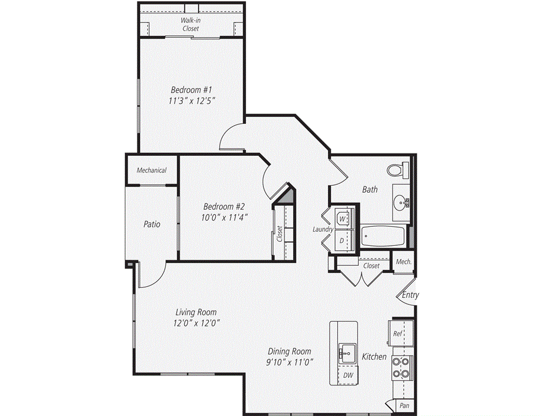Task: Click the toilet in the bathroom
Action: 397,170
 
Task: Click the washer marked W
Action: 342,219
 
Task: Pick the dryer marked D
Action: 342,239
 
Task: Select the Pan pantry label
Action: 404,405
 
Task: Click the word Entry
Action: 410,295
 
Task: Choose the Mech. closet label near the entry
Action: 403,262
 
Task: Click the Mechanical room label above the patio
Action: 151,170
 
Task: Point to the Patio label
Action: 152,224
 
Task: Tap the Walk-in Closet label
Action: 190,24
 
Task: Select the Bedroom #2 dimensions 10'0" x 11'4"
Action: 225,218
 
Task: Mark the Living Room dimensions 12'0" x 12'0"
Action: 196,323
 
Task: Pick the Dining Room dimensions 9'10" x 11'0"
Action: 289,362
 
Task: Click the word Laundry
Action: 323,230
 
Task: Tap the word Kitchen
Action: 375,356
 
